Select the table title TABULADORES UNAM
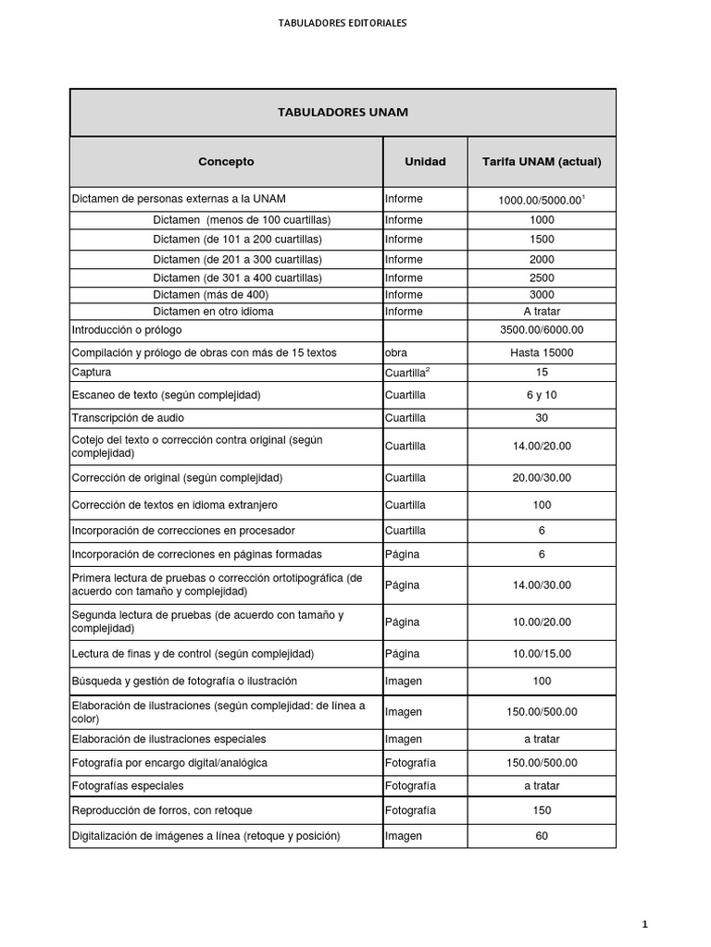pyautogui.click(x=343, y=113)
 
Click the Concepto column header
pyautogui.click(x=226, y=162)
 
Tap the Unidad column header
pyautogui.click(x=425, y=162)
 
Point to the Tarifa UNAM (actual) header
pyautogui.click(x=542, y=162)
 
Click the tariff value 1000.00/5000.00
pyautogui.click(x=540, y=200)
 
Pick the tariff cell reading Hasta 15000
pyautogui.click(x=542, y=352)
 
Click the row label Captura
pyautogui.click(x=92, y=373)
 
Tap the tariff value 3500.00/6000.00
pyautogui.click(x=542, y=330)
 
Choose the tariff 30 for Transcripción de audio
pyautogui.click(x=542, y=418)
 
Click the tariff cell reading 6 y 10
pyautogui.click(x=542, y=395)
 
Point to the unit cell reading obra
pyautogui.click(x=396, y=352)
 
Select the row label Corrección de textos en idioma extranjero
pyautogui.click(x=174, y=505)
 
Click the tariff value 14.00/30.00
pyautogui.click(x=542, y=585)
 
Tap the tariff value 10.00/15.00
pyautogui.click(x=542, y=654)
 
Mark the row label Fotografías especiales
pyautogui.click(x=128, y=786)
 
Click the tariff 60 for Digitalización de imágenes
pyautogui.click(x=542, y=836)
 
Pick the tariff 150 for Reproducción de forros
pyautogui.click(x=542, y=810)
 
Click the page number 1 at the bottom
pyautogui.click(x=644, y=924)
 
